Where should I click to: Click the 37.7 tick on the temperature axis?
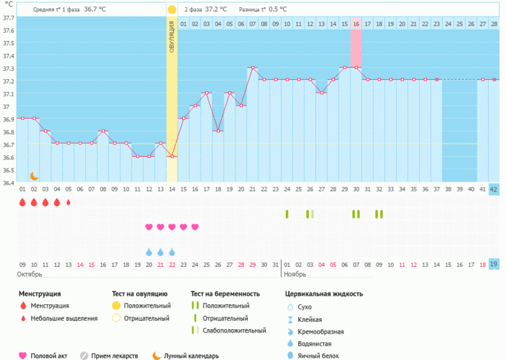7,18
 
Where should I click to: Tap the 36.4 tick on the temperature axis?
7,182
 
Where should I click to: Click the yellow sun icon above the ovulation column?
172,10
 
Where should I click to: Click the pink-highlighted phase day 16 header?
356,24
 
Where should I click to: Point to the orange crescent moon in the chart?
34,176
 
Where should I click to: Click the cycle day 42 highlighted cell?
494,190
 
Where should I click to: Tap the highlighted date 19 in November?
494,264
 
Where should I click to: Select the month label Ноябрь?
296,273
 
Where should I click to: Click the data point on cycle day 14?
172,156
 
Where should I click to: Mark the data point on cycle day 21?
253,68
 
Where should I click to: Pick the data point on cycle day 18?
218,130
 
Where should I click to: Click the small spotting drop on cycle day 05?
68,203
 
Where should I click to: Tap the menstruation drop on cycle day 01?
22,203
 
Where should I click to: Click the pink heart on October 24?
195,227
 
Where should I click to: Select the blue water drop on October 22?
172,252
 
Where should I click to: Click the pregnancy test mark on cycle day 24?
287,214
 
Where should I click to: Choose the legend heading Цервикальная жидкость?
324,294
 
